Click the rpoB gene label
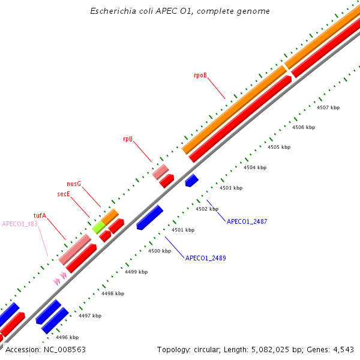coord(200,76)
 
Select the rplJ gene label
coord(127,139)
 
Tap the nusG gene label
coord(74,184)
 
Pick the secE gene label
coord(64,194)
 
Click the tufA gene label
coord(40,214)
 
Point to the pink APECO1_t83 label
coord(20,224)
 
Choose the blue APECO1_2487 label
coord(247,221)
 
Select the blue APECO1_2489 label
coord(205,259)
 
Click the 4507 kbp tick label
coord(328,107)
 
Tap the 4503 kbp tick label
coord(231,188)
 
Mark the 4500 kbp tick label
coord(160,251)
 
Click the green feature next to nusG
coord(98,227)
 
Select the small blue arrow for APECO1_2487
coord(191,180)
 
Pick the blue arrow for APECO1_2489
coord(150,217)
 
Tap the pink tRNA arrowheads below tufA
coord(59,278)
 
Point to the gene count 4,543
coord(343,349)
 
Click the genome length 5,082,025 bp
coord(274,349)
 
